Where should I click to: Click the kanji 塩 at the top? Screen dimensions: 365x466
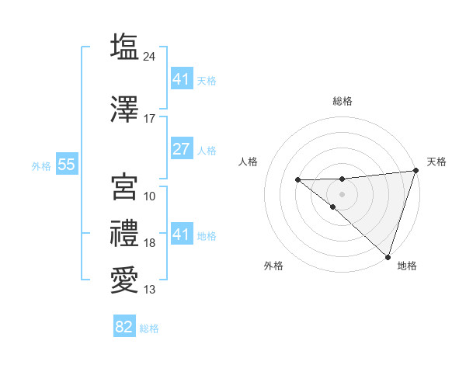tap(124, 47)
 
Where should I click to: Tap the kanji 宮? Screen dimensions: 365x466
tap(124, 187)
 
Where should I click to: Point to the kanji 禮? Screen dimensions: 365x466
tap(124, 234)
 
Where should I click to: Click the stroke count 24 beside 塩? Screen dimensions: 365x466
tap(150, 57)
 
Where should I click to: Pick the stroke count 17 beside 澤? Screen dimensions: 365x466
tap(150, 119)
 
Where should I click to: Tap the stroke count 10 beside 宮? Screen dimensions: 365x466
tap(150, 196)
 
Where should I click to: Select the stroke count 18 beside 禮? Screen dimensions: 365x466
tap(150, 243)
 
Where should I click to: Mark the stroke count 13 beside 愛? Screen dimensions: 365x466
tap(150, 290)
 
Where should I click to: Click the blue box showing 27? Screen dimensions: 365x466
tap(181, 150)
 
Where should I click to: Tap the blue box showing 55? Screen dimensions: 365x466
tap(65, 165)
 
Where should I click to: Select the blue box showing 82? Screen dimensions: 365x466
tap(124, 327)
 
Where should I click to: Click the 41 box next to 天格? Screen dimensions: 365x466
tap(181, 80)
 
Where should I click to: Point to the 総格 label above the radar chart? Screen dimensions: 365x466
tap(343, 101)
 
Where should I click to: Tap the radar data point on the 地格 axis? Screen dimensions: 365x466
tap(388, 256)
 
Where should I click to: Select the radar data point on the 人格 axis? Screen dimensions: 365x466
tap(297, 180)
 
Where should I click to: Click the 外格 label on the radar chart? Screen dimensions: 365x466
tap(273, 266)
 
